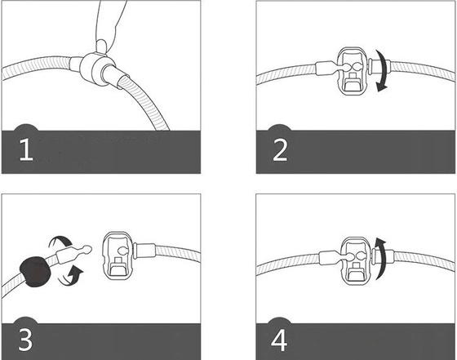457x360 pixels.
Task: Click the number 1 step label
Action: coord(26,149)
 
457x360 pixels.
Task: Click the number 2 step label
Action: coord(280,149)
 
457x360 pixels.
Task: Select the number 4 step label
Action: coord(279,340)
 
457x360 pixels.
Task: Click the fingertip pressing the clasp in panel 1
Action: coord(102,46)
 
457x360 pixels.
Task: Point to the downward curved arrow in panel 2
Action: coord(383,70)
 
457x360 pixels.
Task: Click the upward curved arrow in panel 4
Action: coord(382,258)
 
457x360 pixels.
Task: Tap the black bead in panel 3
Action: coord(35,273)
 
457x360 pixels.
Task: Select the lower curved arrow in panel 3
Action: coord(72,276)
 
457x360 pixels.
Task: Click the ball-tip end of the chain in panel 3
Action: coord(87,249)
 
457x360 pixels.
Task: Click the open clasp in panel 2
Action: coord(353,71)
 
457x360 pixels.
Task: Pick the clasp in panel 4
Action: coord(357,260)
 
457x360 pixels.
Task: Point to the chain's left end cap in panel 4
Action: coord(327,258)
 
